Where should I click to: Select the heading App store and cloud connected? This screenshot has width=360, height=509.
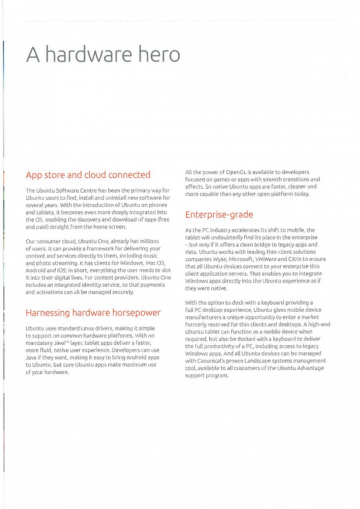point(88,175)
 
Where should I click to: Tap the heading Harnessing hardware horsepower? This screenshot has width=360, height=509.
point(93,313)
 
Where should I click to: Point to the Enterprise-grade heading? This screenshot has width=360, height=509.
point(219,215)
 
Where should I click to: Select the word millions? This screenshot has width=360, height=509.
point(148,241)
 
